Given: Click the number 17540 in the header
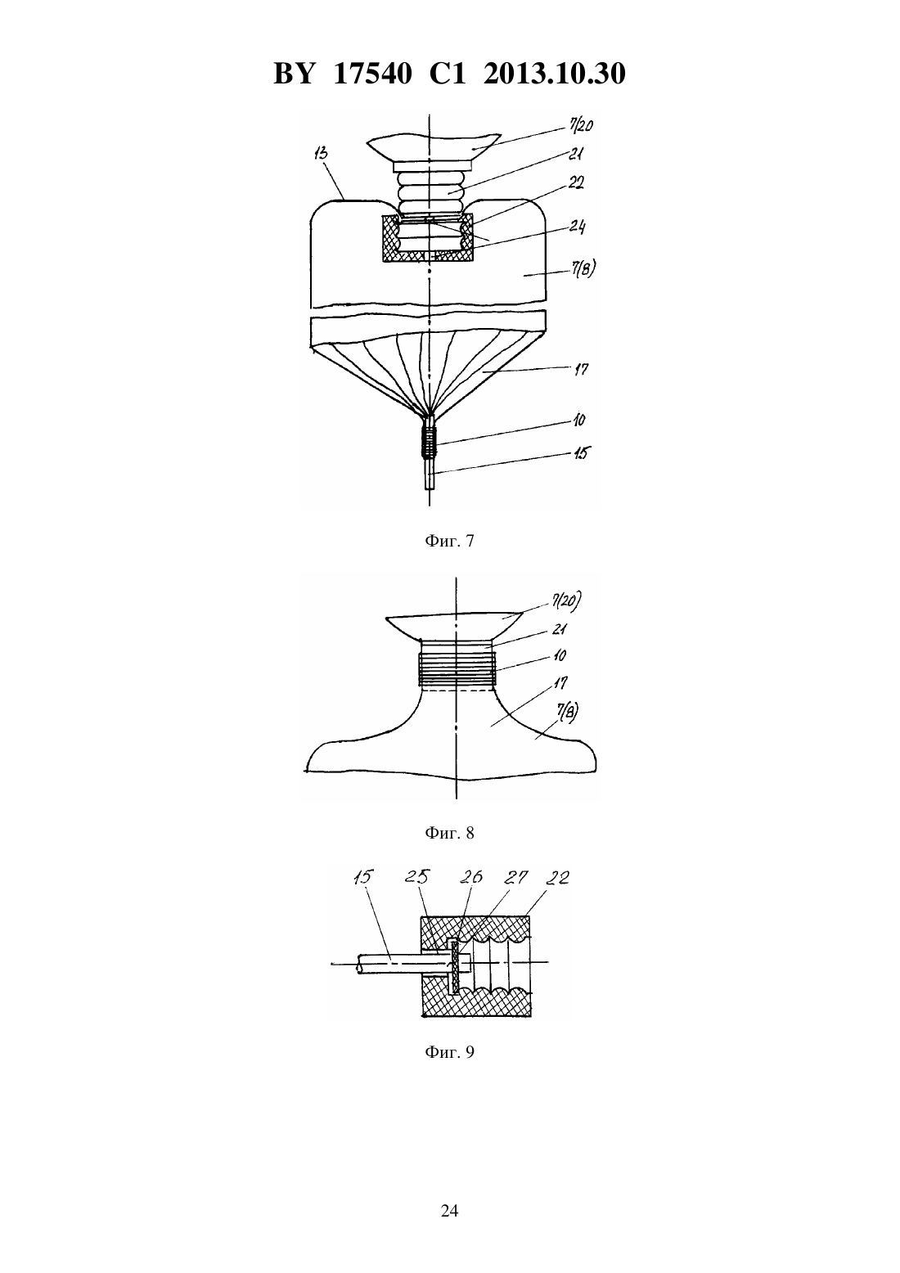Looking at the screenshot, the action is click(373, 74).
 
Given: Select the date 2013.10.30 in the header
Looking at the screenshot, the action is click(555, 74).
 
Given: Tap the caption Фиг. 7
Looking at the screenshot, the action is click(449, 541).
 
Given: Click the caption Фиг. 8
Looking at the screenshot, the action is click(449, 833).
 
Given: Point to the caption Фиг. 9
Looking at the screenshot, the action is click(449, 1052).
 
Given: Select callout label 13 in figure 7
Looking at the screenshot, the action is click(321, 154).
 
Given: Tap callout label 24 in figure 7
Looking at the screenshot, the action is click(578, 227).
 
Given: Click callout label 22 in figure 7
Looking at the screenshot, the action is click(575, 182).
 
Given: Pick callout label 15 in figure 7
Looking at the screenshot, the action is click(581, 453).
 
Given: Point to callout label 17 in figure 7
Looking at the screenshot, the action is click(581, 370).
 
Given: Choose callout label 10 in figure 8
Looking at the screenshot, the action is click(560, 655).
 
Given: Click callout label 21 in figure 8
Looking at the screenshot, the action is click(559, 630).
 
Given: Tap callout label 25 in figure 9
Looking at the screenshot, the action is click(417, 877).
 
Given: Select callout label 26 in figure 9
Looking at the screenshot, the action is click(471, 877).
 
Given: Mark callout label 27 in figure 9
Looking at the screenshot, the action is click(516, 878).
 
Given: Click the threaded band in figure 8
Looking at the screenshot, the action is click(457, 669).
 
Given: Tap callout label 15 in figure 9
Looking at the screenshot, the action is click(362, 877).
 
